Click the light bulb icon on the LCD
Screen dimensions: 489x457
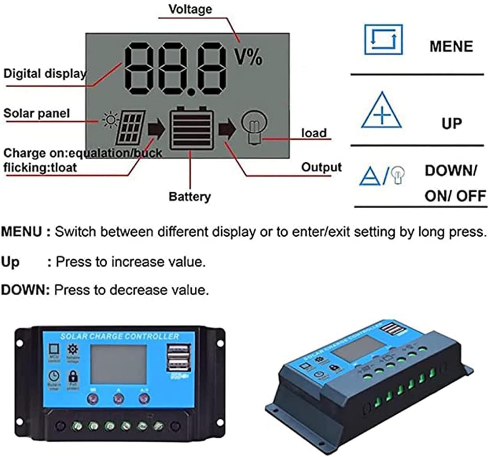click(x=254, y=127)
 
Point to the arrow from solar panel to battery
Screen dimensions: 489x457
click(x=156, y=129)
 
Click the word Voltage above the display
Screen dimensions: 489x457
click(x=190, y=9)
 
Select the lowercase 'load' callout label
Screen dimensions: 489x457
click(x=314, y=133)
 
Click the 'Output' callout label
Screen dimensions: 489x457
click(x=321, y=167)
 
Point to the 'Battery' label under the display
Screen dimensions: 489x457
click(x=189, y=197)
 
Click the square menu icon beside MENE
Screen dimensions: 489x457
click(x=383, y=39)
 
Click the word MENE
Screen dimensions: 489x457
click(x=451, y=46)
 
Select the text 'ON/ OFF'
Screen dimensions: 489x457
click(x=455, y=196)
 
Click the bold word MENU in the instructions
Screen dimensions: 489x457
click(x=22, y=232)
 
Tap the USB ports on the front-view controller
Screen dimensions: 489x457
click(x=178, y=358)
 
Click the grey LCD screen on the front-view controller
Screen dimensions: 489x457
click(x=118, y=364)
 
